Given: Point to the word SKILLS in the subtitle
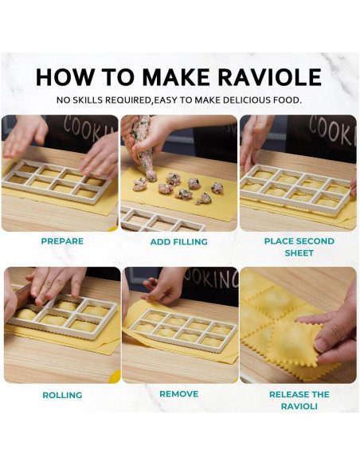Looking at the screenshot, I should coord(92,100).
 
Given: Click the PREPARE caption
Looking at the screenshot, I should coord(62,241).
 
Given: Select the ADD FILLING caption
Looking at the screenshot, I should coord(179,241).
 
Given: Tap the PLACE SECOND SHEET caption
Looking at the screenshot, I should coord(299,247).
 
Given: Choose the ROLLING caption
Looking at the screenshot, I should coord(62,395).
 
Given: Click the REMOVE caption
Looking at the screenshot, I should coord(178,393).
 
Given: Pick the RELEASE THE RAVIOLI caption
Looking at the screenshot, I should coord(299,400).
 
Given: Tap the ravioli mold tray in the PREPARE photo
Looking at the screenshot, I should coord(56,180).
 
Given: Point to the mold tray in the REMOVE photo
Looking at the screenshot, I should coord(180,328).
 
